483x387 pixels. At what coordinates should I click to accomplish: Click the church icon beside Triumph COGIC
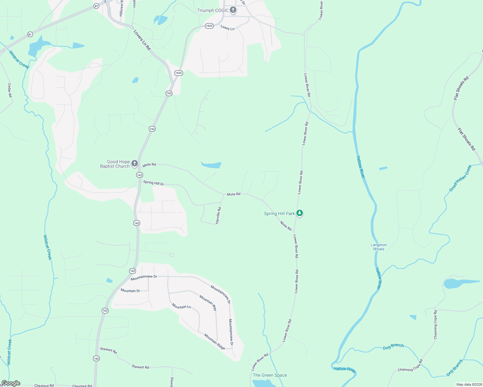tap(233, 10)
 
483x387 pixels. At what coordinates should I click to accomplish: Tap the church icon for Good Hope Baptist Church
tap(135, 164)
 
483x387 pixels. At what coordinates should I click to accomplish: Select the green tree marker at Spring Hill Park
tap(300, 213)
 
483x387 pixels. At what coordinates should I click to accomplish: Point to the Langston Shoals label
tap(378, 247)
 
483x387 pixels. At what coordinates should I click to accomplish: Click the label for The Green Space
tap(270, 375)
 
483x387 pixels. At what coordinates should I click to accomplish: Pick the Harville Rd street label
tap(219, 215)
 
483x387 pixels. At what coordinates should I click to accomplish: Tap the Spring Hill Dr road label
tap(154, 183)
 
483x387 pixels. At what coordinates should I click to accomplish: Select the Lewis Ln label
tap(227, 28)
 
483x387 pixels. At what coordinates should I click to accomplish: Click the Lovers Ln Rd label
tap(142, 40)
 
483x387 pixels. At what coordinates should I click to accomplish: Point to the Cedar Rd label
tap(10, 90)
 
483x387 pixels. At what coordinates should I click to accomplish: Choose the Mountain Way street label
tap(208, 303)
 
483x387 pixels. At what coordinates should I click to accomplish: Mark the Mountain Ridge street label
tap(215, 342)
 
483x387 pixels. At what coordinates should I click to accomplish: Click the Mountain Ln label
tap(181, 306)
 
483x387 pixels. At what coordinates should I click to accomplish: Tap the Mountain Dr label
tap(130, 291)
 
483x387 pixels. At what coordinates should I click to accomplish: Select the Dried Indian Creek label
tap(461, 178)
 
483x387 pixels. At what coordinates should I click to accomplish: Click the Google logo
tap(11, 383)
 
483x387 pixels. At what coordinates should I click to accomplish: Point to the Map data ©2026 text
tap(469, 384)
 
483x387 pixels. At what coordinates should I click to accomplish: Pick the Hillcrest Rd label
tap(121, 8)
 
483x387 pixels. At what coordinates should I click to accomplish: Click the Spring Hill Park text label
tap(279, 213)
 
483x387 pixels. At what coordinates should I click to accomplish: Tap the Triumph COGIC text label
tap(213, 10)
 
